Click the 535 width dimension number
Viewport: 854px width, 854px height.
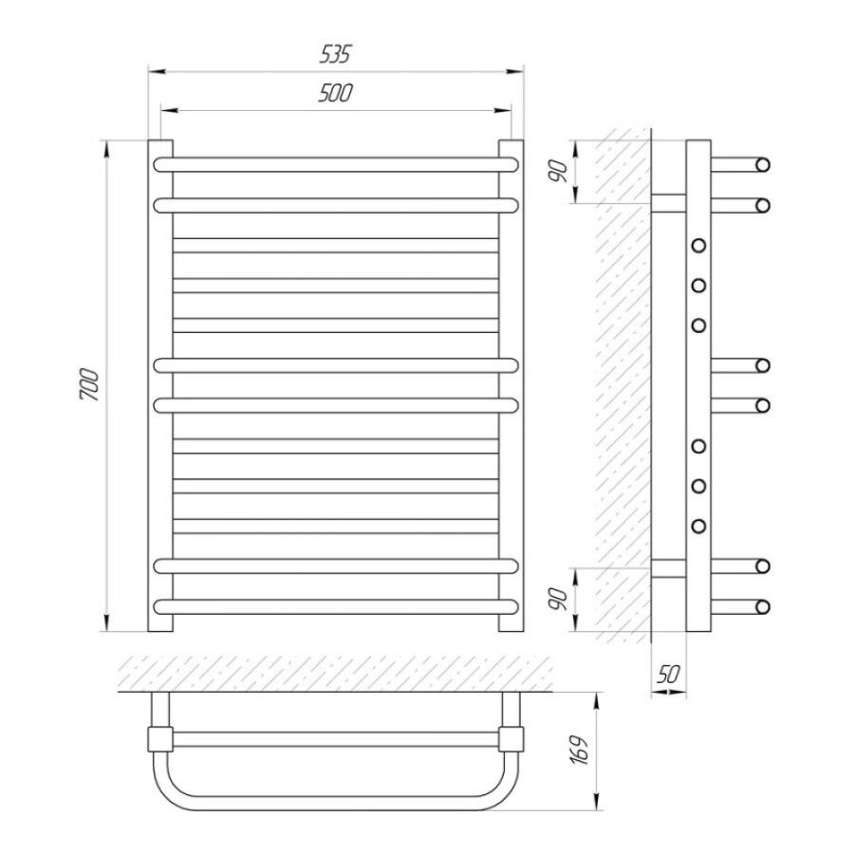335,54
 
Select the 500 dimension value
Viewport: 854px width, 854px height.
335,94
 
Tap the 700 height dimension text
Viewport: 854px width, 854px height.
90,385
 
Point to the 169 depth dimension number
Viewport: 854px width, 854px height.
581,752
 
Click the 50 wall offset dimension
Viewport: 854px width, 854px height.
668,675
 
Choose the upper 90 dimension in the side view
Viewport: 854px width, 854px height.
559,172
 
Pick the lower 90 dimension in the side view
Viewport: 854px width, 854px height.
559,599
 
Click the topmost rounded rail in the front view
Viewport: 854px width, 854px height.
336,164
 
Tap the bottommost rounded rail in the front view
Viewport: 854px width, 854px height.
336,606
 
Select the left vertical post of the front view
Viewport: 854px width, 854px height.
160,385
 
